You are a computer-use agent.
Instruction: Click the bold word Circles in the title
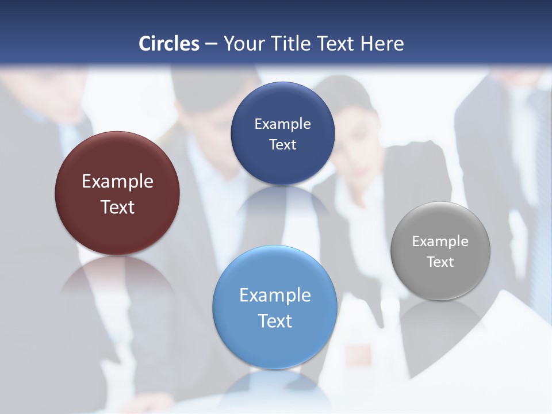click(169, 44)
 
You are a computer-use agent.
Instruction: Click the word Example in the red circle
click(117, 182)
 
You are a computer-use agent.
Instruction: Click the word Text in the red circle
click(117, 207)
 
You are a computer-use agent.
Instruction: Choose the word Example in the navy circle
click(282, 124)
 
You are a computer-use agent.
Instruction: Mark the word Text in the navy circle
click(282, 145)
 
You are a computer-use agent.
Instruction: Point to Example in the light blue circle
click(275, 296)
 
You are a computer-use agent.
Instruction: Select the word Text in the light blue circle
click(275, 321)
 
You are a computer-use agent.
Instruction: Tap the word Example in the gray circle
click(440, 241)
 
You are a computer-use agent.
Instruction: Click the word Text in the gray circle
click(440, 262)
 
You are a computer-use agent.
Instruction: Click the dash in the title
click(211, 44)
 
